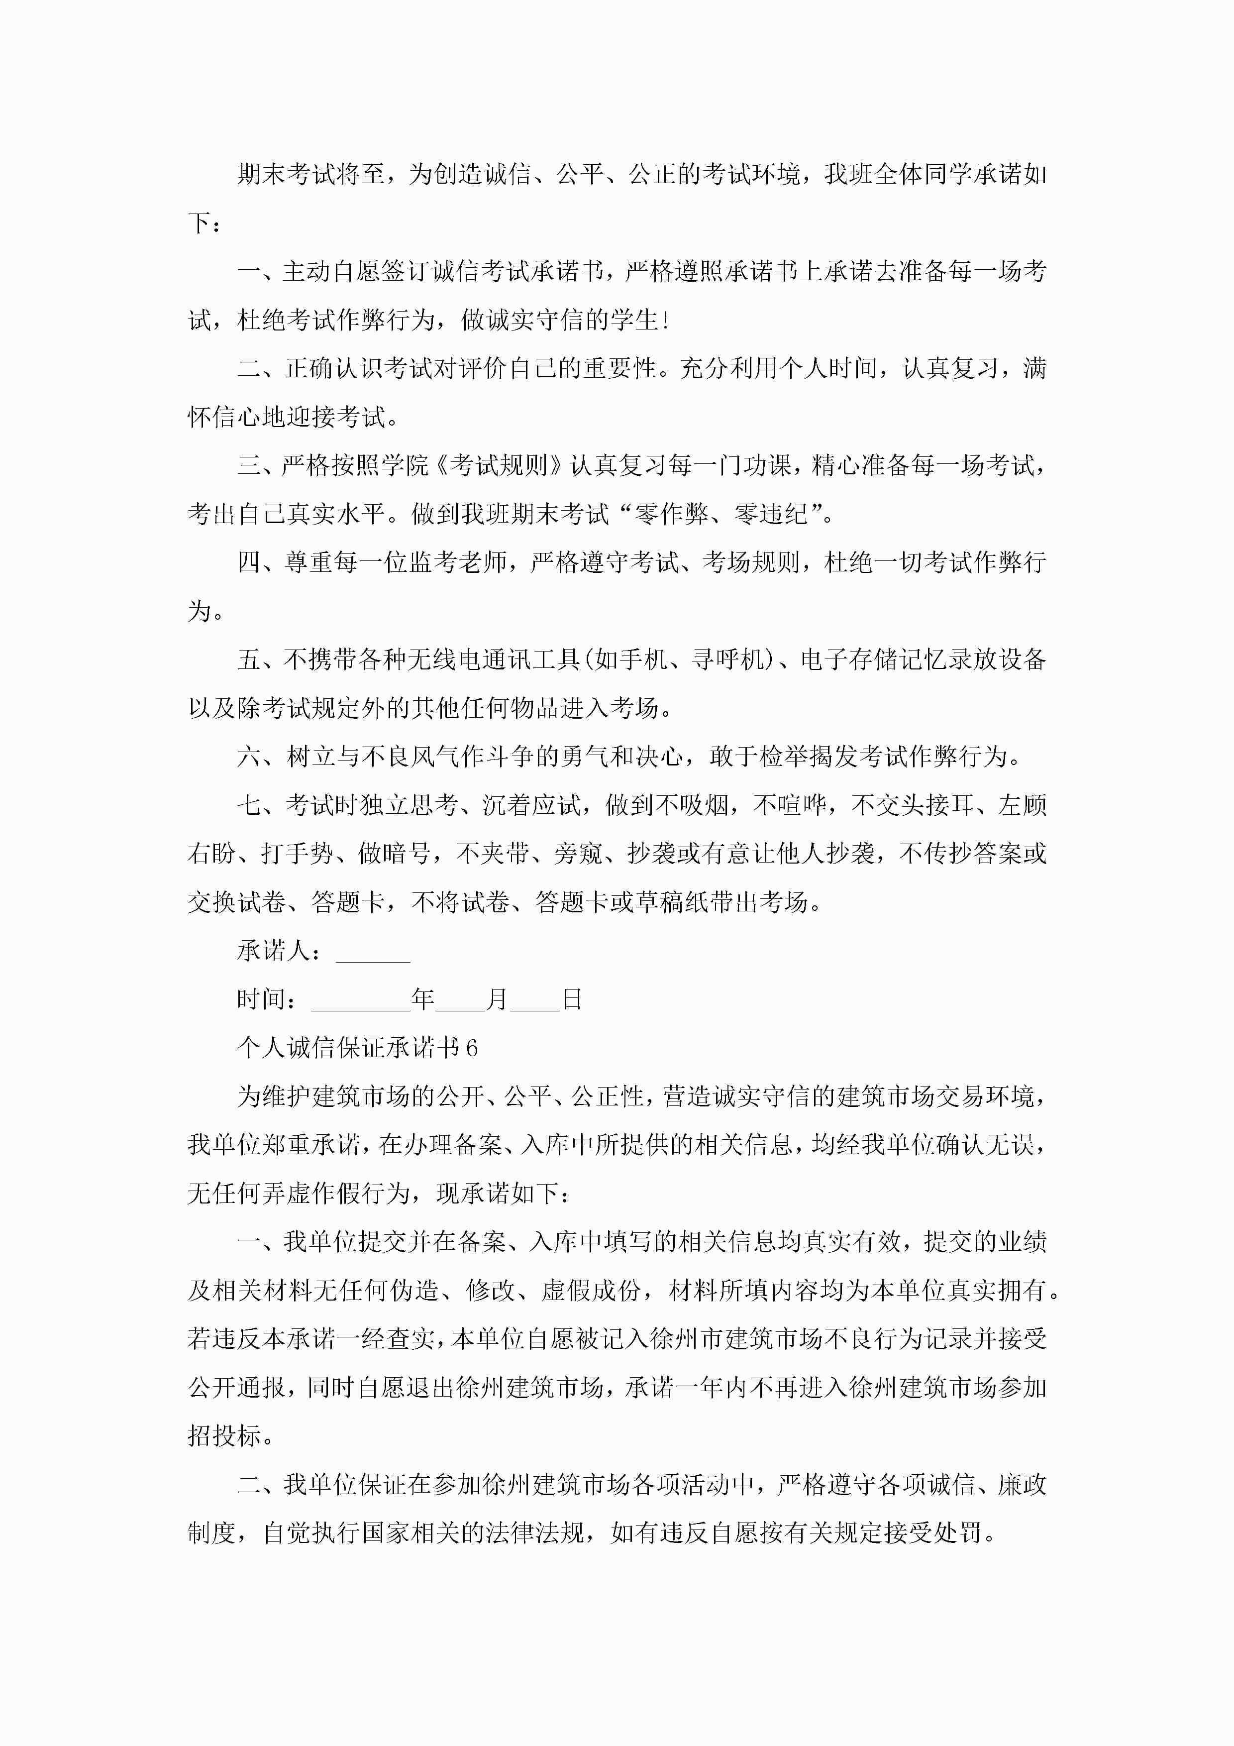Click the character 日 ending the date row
tap(572, 1000)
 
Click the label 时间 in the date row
tap(261, 1000)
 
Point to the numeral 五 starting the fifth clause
tap(249, 659)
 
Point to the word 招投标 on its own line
tap(224, 1436)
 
